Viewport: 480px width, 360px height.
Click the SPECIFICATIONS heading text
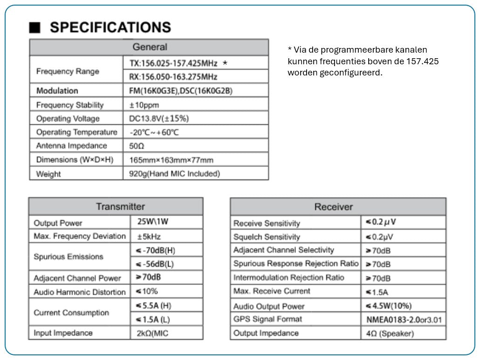(110, 27)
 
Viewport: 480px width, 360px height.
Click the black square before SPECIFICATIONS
(35, 27)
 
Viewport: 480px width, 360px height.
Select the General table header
(149, 47)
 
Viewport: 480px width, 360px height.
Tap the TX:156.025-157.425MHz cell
(173, 63)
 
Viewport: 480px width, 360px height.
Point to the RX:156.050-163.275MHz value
(173, 77)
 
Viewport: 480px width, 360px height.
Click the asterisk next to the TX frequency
(225, 63)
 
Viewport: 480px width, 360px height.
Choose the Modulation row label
(57, 91)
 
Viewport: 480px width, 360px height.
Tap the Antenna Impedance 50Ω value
(137, 146)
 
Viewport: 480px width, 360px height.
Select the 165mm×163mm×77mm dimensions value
(171, 160)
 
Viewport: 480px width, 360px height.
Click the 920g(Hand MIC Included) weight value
(174, 174)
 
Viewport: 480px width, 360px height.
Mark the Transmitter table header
(120, 206)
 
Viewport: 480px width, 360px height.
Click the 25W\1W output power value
(153, 222)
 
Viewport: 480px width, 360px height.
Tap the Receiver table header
(333, 207)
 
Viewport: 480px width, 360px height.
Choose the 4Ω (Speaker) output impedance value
(390, 333)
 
